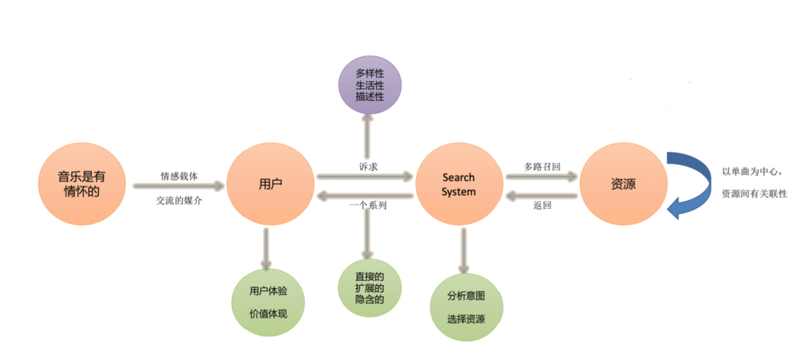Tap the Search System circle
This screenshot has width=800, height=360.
459,184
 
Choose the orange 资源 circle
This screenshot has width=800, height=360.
622,184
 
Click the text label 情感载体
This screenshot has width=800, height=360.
179,176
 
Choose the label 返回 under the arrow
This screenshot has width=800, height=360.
542,206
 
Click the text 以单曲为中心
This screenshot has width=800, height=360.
750,173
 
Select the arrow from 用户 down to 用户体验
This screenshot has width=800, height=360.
267,247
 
